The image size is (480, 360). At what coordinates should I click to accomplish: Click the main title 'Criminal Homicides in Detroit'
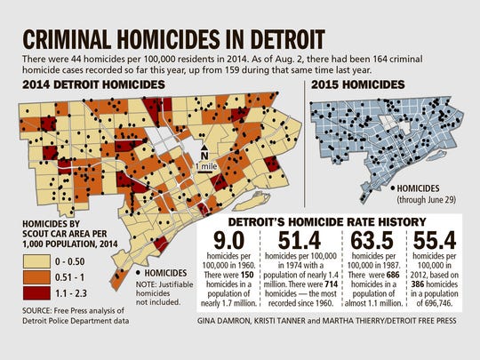pos(165,39)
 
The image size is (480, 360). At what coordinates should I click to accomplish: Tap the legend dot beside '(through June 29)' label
pos(389,188)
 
